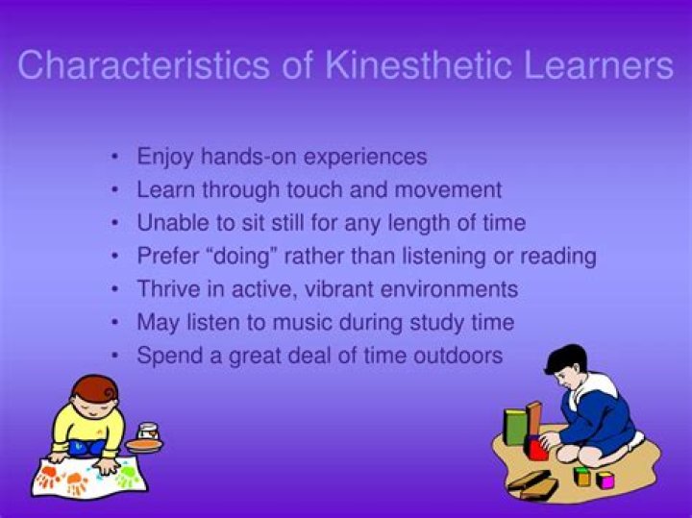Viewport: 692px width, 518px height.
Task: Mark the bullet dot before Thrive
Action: tap(116, 289)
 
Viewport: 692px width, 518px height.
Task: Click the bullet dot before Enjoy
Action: tap(116, 156)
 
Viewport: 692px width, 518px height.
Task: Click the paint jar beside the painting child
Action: tap(147, 432)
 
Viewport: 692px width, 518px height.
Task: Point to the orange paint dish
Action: tap(144, 445)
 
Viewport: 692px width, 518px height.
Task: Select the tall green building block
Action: tap(516, 427)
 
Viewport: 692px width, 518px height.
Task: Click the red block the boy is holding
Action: tap(537, 448)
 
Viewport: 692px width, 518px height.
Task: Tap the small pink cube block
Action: tap(605, 479)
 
